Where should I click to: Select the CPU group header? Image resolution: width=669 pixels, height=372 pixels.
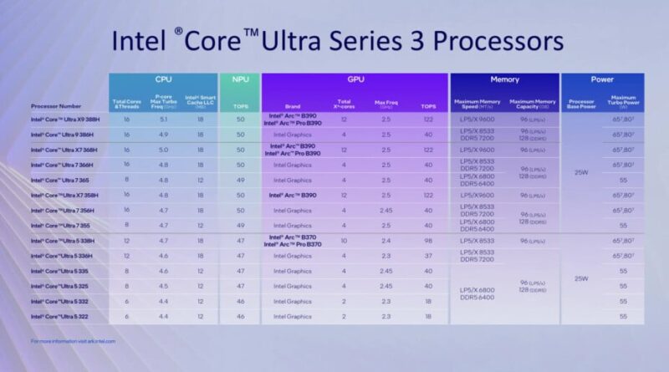pos(163,80)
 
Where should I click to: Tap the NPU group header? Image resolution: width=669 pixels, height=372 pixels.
pos(240,80)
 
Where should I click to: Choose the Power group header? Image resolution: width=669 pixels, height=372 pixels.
pos(601,81)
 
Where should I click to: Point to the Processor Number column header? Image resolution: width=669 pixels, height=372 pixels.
pos(57,106)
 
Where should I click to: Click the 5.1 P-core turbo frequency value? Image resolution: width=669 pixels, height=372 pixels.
pos(163,119)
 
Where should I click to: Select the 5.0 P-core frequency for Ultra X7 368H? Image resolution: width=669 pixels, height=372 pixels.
pos(163,149)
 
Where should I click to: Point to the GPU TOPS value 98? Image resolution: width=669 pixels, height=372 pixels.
pos(428,241)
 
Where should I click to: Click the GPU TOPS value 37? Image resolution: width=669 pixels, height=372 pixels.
pos(428,256)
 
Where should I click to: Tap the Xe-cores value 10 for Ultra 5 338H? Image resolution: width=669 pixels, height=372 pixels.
pos(344,241)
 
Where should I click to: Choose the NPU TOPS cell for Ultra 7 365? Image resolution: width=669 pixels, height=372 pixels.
pos(240,180)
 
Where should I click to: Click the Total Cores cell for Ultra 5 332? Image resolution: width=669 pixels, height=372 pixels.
pos(126,301)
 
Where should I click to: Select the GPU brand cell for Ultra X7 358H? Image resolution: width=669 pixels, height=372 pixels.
pos(293,195)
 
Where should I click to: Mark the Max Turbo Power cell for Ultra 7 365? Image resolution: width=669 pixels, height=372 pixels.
pos(622,180)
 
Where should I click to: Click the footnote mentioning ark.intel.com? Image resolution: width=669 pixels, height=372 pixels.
pos(74,341)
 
